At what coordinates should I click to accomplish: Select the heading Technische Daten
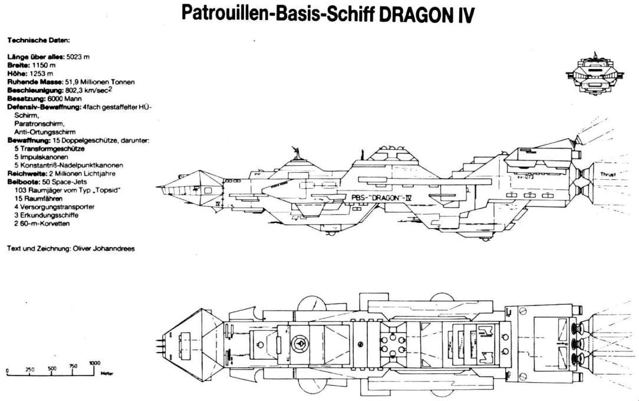pyautogui.click(x=38, y=41)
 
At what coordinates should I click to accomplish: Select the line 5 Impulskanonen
pyautogui.click(x=41, y=157)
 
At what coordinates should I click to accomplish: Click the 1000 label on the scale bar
pyautogui.click(x=95, y=363)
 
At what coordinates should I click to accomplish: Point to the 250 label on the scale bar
pyautogui.click(x=29, y=369)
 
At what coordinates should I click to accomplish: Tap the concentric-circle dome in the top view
pyautogui.click(x=300, y=343)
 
